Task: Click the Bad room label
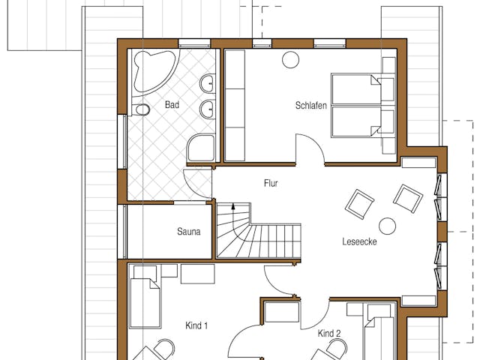(172, 105)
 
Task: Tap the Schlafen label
(311, 106)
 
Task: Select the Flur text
(271, 183)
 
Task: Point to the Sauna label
(188, 232)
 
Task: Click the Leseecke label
(359, 241)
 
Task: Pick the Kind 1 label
(196, 325)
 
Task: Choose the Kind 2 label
(329, 333)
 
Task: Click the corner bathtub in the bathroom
(153, 72)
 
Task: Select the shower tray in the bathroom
(200, 148)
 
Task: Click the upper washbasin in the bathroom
(207, 83)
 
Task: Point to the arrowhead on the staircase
(233, 206)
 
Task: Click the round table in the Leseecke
(387, 226)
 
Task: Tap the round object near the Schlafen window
(290, 60)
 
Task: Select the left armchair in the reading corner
(359, 204)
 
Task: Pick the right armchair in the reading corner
(408, 199)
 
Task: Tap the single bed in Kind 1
(145, 303)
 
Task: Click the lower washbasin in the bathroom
(207, 109)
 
